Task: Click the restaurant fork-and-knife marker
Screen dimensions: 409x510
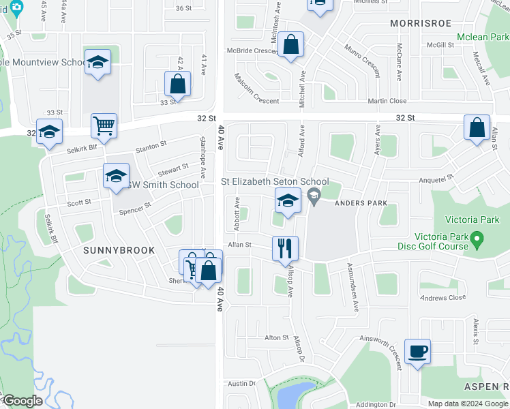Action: (285, 248)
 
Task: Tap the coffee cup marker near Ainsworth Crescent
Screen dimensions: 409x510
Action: (417, 351)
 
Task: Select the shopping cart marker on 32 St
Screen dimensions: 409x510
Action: (104, 125)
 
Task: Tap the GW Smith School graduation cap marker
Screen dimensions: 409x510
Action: (116, 175)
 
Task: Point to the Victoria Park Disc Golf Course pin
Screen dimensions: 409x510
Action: (477, 240)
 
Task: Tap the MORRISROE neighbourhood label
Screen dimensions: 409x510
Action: (421, 23)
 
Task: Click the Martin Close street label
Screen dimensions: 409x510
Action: (387, 101)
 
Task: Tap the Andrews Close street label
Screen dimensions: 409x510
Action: (442, 298)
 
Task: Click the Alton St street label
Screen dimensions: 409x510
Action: (277, 337)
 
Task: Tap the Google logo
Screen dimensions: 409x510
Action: (22, 401)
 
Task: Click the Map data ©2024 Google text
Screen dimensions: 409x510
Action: (468, 404)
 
